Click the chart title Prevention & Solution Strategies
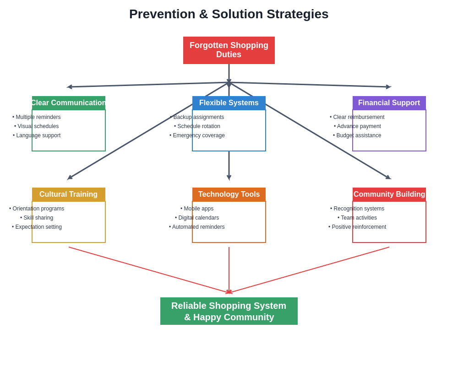(x=229, y=14)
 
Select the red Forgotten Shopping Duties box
(x=229, y=50)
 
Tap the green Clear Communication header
(x=69, y=103)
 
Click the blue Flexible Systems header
(x=229, y=103)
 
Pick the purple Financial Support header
(x=389, y=103)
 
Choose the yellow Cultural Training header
(x=69, y=194)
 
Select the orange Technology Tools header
(x=229, y=194)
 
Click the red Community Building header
(x=389, y=194)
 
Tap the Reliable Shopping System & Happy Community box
(x=229, y=311)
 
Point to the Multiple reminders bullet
(x=37, y=117)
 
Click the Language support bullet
(x=37, y=135)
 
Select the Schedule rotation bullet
(x=197, y=126)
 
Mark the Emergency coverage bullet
(x=197, y=135)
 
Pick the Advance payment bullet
(x=357, y=126)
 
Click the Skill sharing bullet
(x=37, y=218)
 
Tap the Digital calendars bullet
(x=197, y=218)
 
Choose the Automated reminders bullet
(x=197, y=227)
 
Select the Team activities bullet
(x=357, y=218)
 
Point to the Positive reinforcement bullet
(x=357, y=227)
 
